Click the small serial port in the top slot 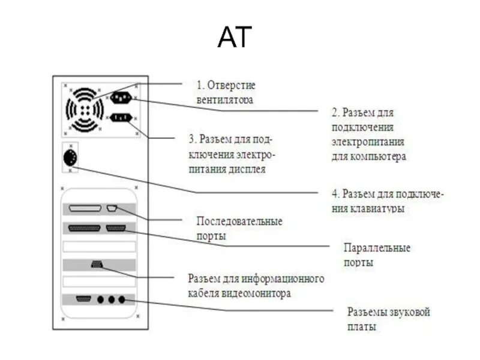[112, 209]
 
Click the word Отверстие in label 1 [234, 86]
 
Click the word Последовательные [239, 221]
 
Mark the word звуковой [407, 313]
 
